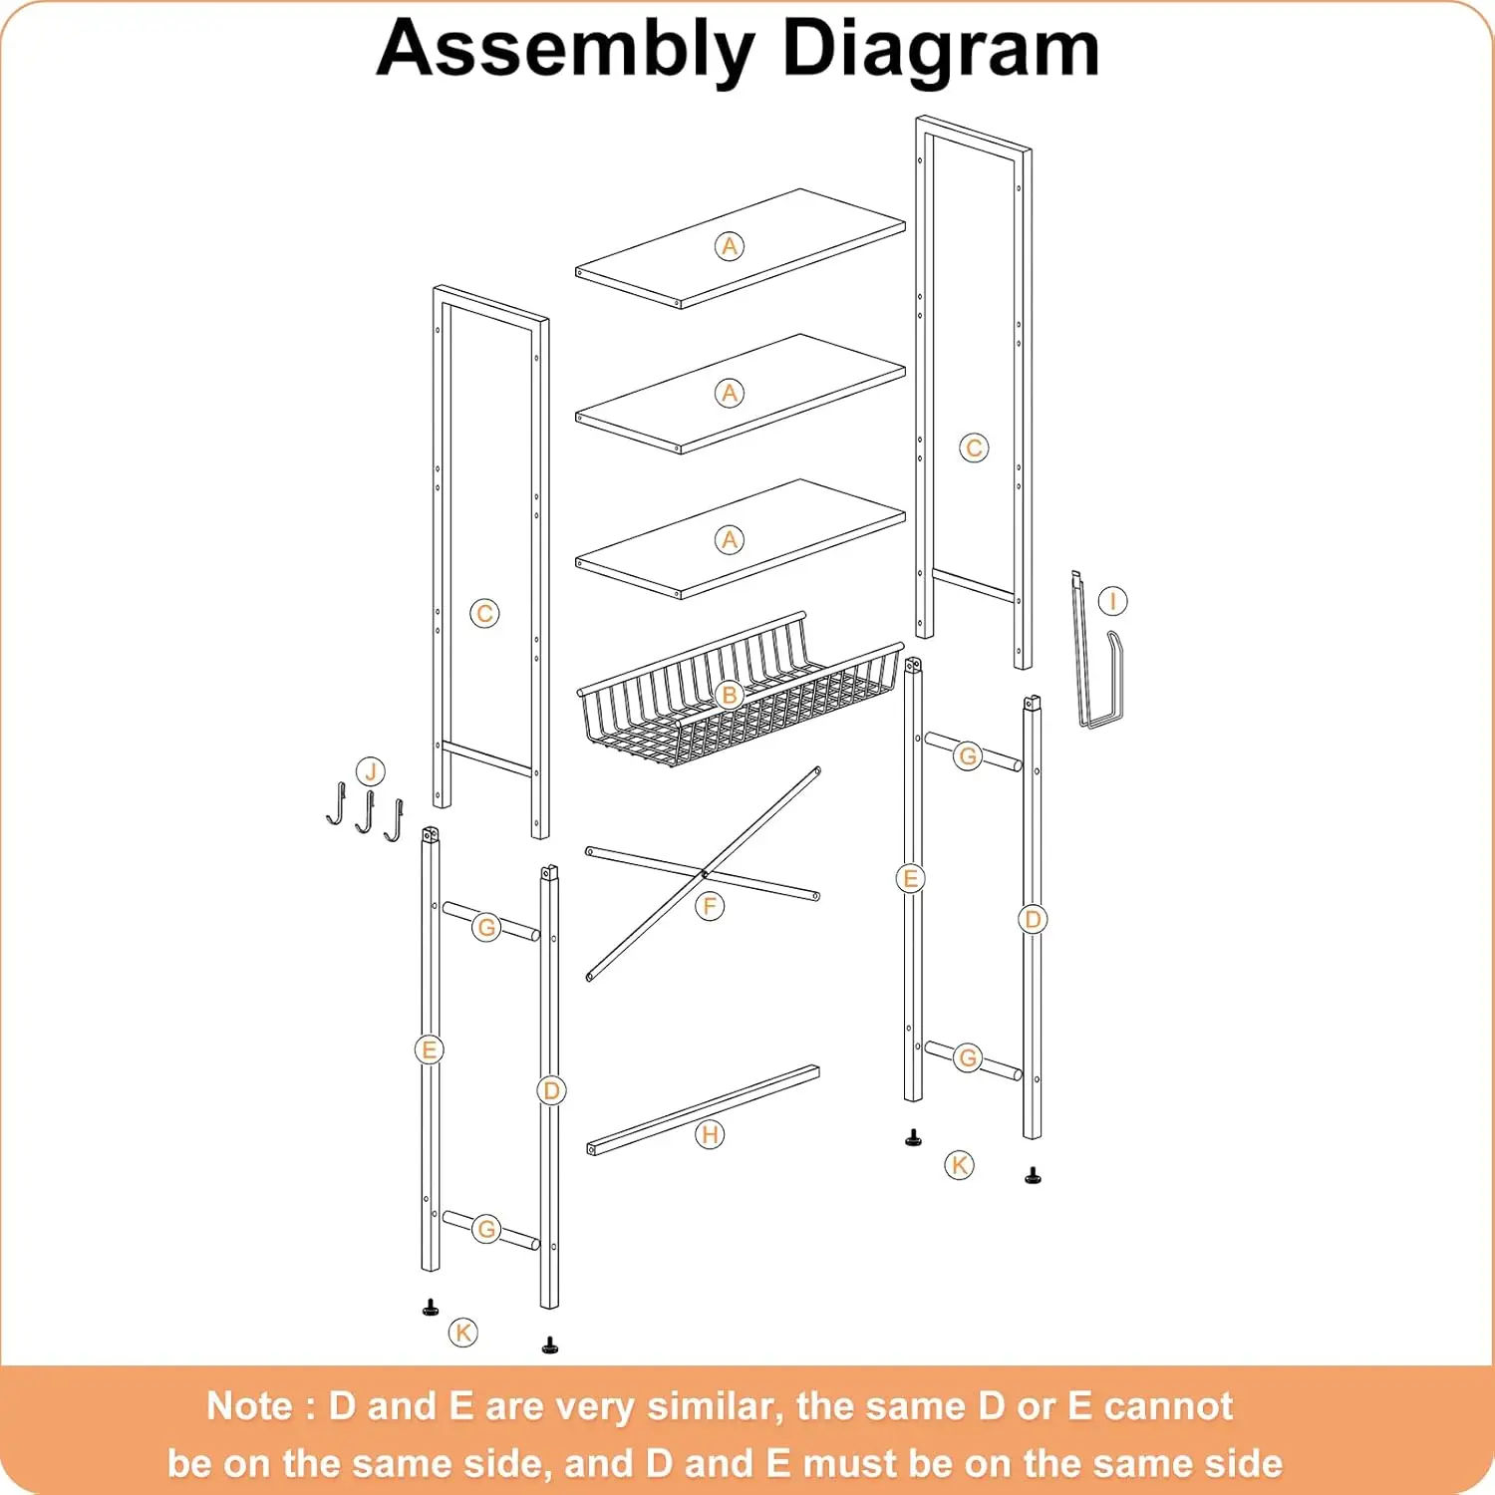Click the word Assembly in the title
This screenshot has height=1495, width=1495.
tap(565, 50)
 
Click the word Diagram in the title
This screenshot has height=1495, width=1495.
tap(940, 50)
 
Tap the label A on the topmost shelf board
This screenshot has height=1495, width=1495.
tap(730, 246)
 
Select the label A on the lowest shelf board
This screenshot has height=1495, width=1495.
tap(730, 540)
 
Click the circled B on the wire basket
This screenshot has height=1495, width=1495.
tap(730, 695)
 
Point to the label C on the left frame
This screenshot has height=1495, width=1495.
tap(484, 614)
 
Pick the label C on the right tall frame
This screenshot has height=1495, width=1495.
tap(974, 448)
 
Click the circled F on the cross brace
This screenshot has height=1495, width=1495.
tap(710, 906)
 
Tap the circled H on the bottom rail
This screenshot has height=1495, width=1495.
tap(710, 1134)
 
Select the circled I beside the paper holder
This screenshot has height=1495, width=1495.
tap(1112, 601)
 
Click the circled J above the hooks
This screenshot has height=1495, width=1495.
tap(371, 771)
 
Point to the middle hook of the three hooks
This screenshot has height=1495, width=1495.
tap(365, 812)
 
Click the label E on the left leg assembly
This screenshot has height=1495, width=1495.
tap(430, 1049)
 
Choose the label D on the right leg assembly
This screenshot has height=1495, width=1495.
tap(1033, 919)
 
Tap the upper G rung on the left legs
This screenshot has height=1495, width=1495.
tap(486, 927)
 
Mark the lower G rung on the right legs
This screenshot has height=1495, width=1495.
tap(968, 1057)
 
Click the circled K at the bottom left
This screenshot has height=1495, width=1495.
tap(463, 1332)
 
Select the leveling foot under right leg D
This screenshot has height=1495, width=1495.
tap(1033, 1176)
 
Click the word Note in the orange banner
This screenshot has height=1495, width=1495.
tap(250, 1406)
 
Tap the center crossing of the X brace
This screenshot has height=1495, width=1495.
tap(705, 874)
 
